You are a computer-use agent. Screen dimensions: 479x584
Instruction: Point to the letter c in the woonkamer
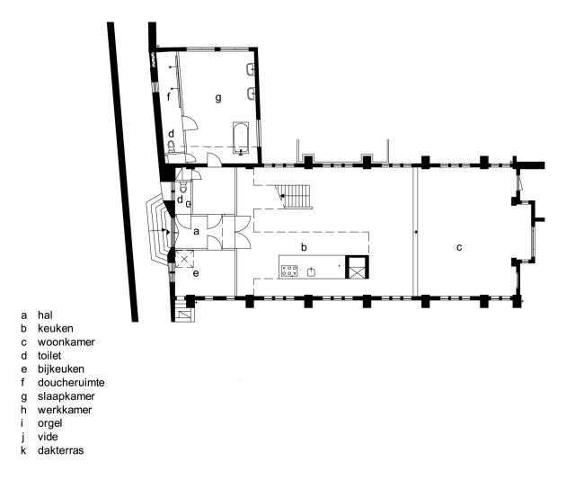point(458,246)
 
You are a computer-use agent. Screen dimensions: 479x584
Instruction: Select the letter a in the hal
point(195,231)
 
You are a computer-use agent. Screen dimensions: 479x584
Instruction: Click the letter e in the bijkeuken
point(195,272)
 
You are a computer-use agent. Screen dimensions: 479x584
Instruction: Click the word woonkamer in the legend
point(66,342)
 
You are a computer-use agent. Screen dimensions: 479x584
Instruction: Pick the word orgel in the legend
point(50,422)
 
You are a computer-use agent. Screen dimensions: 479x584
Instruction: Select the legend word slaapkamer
point(65,395)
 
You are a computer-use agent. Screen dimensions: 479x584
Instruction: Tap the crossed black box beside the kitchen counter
point(357,267)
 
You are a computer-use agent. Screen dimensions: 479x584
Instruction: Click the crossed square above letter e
point(184,258)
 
